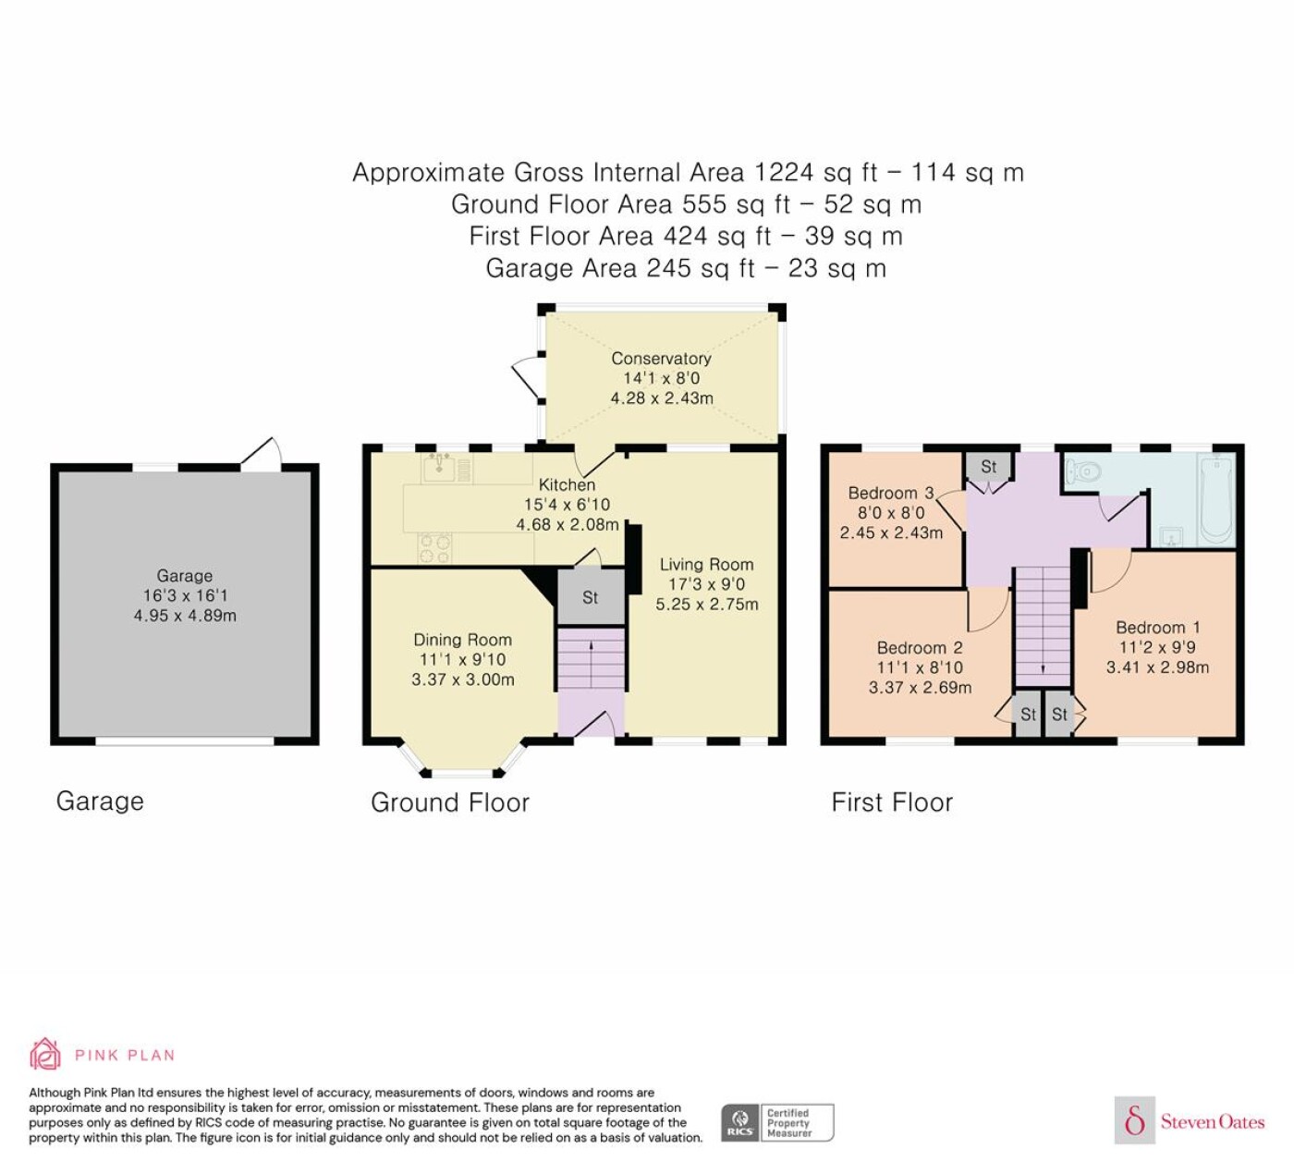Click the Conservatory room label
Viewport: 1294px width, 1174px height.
661,358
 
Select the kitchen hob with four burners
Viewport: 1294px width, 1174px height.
434,548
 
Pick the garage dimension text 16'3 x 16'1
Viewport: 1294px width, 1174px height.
185,595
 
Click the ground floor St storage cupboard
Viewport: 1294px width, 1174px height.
591,597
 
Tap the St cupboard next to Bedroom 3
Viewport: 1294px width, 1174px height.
989,466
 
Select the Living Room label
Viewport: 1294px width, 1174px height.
706,564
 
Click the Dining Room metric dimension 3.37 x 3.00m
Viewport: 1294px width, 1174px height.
463,679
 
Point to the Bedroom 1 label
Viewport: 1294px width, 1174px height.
1158,627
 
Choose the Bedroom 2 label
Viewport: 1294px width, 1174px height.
920,647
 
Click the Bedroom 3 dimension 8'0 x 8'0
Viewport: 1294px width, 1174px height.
891,512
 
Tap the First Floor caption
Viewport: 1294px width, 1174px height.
892,802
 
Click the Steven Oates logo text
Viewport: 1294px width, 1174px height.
1213,1122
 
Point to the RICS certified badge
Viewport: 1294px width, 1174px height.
777,1122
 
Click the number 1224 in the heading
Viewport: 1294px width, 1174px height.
783,172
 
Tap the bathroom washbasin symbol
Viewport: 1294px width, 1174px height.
1170,537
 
